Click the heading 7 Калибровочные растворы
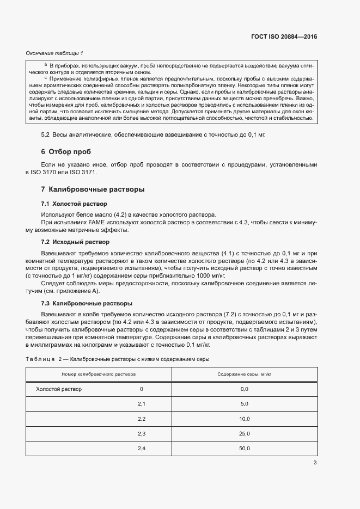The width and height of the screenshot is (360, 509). [93, 189]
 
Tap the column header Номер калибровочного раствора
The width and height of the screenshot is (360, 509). [99, 375]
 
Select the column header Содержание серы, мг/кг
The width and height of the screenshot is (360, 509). [244, 375]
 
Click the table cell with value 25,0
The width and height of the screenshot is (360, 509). [244, 433]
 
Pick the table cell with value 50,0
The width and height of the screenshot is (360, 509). [244, 448]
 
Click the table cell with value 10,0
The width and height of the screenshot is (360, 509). [244, 419]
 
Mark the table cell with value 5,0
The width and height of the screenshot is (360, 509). [244, 404]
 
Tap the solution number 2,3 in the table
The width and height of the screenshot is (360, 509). [142, 433]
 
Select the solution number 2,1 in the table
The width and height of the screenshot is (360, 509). [142, 404]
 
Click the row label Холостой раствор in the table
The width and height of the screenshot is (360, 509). [58, 389]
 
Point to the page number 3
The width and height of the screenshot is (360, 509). [315, 463]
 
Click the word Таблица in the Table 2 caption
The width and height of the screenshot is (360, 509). [40, 359]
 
